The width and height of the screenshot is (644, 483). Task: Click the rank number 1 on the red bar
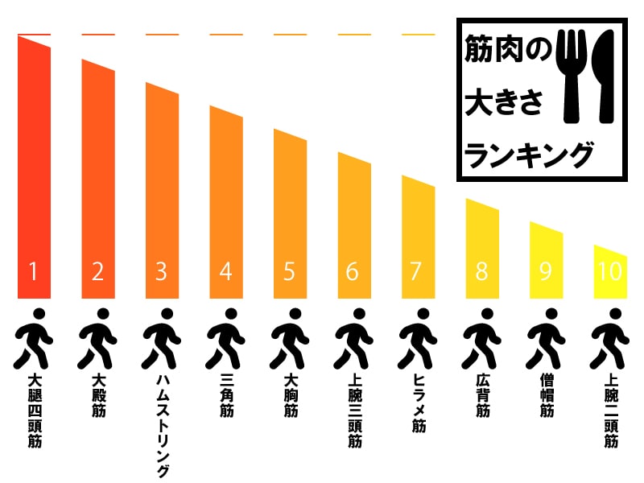click(34, 272)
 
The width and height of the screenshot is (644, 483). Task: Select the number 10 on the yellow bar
click(610, 272)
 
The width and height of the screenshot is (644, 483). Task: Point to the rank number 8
click(481, 272)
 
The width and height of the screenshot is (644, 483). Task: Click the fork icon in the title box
click(573, 76)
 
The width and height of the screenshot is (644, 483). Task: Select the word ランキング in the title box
click(529, 154)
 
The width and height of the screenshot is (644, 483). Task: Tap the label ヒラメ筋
click(418, 403)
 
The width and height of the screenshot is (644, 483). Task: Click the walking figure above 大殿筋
click(97, 337)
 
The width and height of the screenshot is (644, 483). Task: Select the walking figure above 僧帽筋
click(547, 337)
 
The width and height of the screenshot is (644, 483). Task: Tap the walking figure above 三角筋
click(225, 337)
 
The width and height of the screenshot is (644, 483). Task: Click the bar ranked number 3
click(162, 193)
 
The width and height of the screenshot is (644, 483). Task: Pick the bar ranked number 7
click(418, 233)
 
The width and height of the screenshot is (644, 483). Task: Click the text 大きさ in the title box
click(505, 103)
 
